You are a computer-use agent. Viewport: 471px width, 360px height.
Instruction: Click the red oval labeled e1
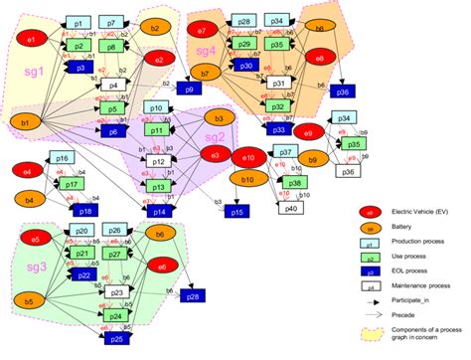coord(31,39)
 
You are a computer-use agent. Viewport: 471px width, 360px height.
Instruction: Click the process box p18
coord(85,211)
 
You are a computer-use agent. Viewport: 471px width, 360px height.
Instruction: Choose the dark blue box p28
coord(193,297)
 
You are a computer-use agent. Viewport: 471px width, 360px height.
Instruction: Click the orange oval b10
coord(239,178)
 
